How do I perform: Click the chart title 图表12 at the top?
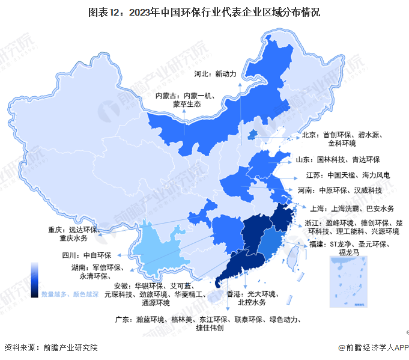coord(204,11)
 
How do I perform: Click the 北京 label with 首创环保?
coord(339,139)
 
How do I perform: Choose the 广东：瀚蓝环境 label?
coord(207,323)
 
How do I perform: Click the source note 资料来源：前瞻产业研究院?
coord(50,347)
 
